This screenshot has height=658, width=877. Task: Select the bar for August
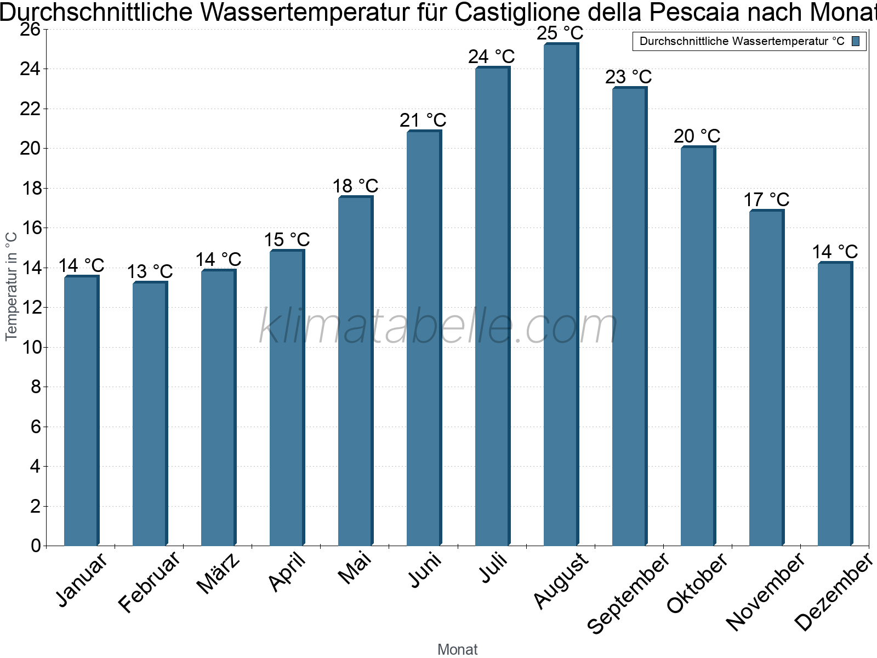[561, 296]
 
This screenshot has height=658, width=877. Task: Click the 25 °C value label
[560, 33]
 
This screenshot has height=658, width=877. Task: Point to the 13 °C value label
[150, 271]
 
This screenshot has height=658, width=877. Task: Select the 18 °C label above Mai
[355, 186]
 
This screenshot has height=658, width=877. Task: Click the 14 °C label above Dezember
[835, 252]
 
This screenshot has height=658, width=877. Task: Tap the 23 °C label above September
[629, 77]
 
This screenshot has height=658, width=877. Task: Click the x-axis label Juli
[494, 569]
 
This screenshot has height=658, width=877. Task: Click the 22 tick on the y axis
[30, 109]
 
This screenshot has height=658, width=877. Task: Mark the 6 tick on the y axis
[36, 427]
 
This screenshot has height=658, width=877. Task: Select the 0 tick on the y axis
[36, 546]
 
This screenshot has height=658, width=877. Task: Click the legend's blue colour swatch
[856, 41]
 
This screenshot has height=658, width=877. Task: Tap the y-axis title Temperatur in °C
[12, 287]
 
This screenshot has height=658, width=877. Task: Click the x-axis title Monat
[458, 649]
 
